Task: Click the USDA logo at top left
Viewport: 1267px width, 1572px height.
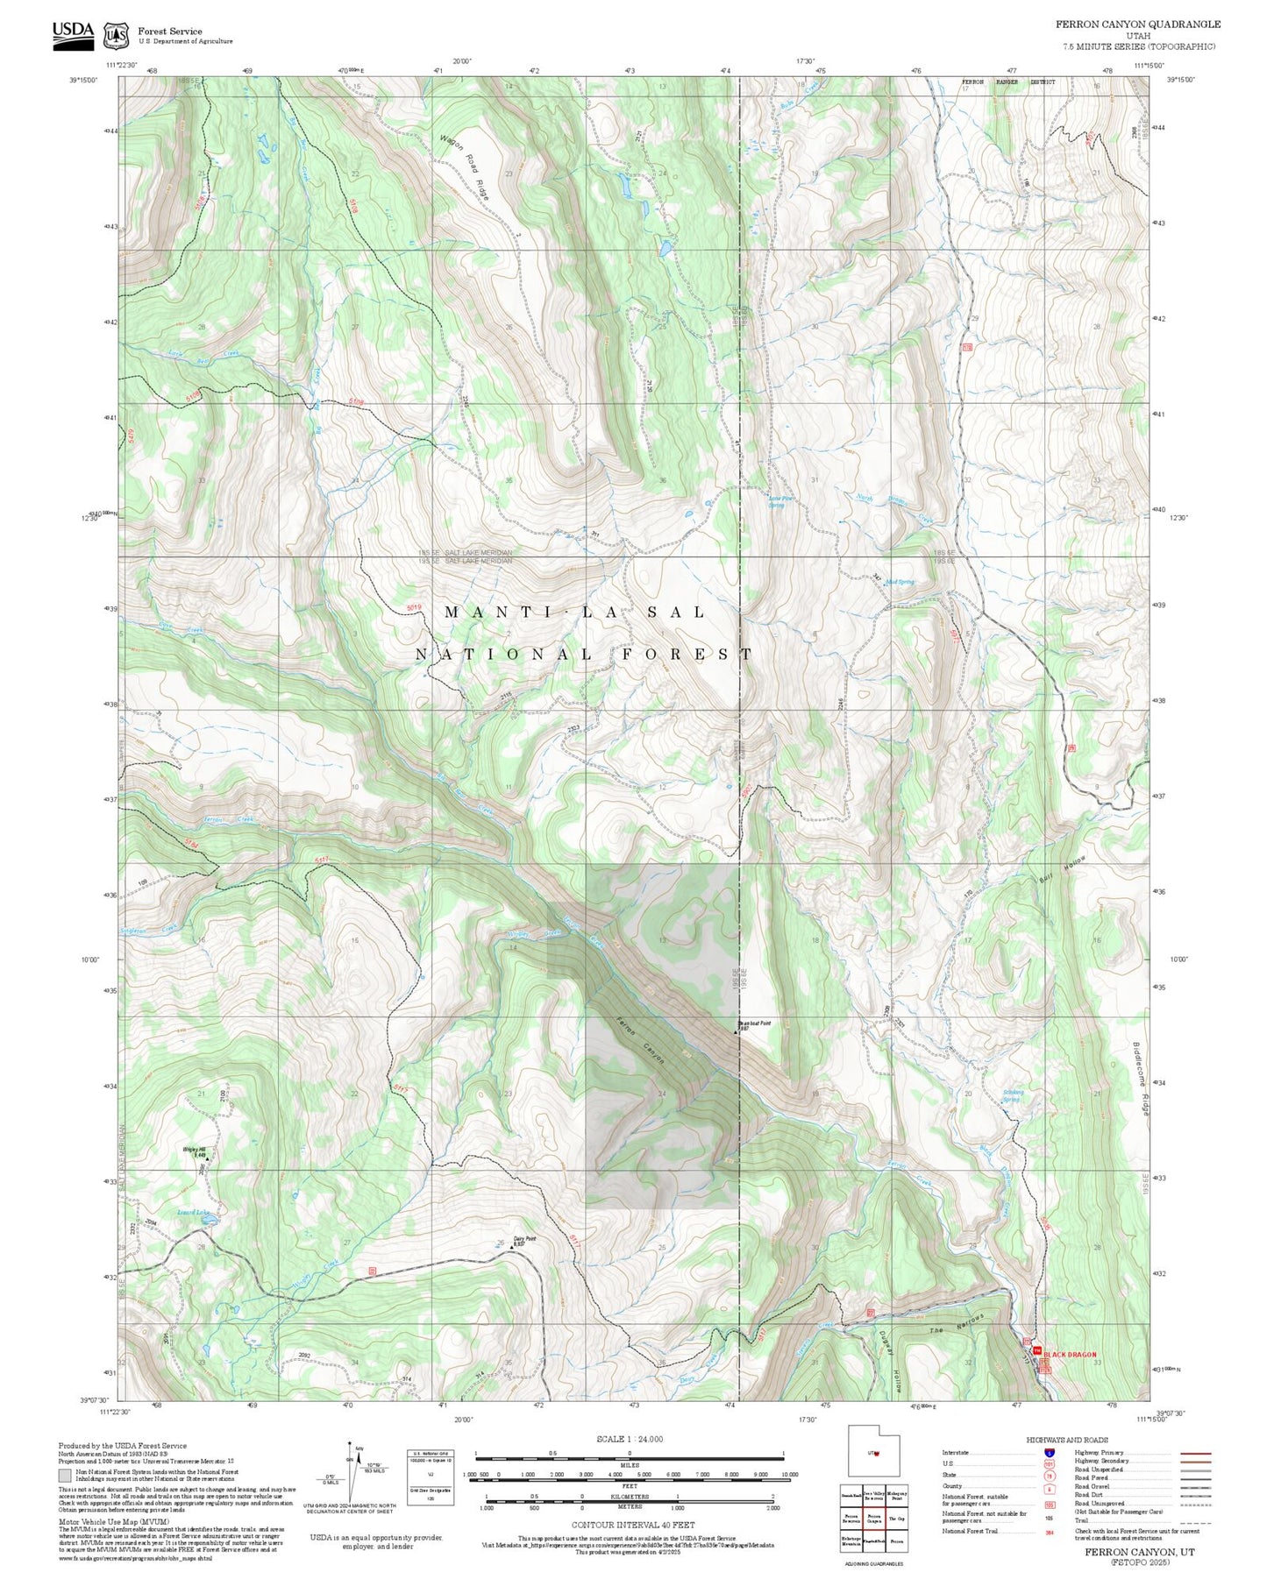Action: [73, 34]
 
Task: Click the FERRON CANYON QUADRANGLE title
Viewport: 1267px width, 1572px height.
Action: [1137, 25]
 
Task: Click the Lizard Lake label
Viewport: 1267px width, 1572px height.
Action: [194, 1214]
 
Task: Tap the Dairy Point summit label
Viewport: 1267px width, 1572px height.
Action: [524, 1239]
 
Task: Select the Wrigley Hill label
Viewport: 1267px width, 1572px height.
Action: [194, 1150]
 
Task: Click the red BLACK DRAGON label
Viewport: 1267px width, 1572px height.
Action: [1070, 1355]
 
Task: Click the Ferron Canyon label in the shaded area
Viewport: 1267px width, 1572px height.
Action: [640, 1040]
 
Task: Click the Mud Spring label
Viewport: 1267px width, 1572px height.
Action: [900, 582]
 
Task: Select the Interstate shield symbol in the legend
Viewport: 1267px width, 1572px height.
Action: [1049, 1453]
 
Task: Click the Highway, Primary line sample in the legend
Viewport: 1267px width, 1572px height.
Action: [1195, 1453]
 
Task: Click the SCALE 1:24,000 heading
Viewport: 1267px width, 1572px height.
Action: [629, 1439]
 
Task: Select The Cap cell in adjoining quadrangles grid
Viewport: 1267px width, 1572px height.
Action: [896, 1519]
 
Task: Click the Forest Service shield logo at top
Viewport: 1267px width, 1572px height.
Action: [115, 35]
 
